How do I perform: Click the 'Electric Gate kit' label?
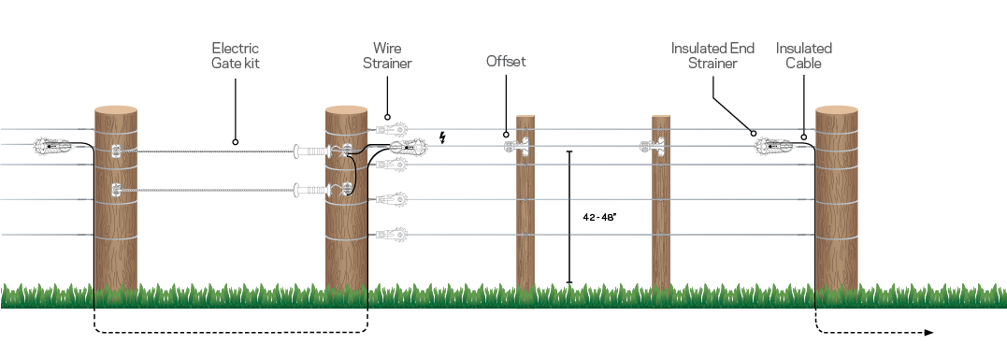235,55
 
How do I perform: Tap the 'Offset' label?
506,62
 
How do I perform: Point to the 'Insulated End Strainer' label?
712,55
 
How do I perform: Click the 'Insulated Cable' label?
804,55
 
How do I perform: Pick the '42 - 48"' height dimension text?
597,216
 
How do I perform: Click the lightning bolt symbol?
443,139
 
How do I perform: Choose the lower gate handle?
311,190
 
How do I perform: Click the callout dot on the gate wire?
235,143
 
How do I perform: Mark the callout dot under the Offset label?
506,134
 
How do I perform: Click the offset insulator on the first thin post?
520,147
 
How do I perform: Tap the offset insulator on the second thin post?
654,145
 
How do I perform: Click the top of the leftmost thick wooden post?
116,111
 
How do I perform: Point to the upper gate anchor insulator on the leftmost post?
116,151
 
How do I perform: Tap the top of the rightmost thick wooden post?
836,111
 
